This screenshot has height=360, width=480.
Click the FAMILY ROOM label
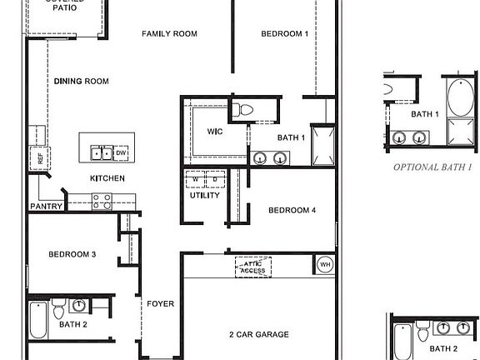coord(168,34)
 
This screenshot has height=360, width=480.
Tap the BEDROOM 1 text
coord(284,34)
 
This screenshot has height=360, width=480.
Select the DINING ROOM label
coord(82,81)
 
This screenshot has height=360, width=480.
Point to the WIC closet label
coord(215,132)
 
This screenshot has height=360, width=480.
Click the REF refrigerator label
coord(38,157)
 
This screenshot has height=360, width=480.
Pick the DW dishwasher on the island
coord(121,153)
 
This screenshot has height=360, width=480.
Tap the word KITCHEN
coord(107,178)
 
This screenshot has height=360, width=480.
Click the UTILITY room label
coord(205,196)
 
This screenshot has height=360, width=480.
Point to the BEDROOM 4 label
coord(292,211)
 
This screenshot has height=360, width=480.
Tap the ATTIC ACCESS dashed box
coord(252,266)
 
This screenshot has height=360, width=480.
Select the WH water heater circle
coord(323,265)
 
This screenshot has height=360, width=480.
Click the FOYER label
coord(161,304)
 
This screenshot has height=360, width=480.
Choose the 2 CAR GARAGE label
coord(259,334)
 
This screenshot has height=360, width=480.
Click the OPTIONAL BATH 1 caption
coord(432,167)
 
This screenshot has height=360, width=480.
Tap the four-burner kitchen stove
coord(102,201)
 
